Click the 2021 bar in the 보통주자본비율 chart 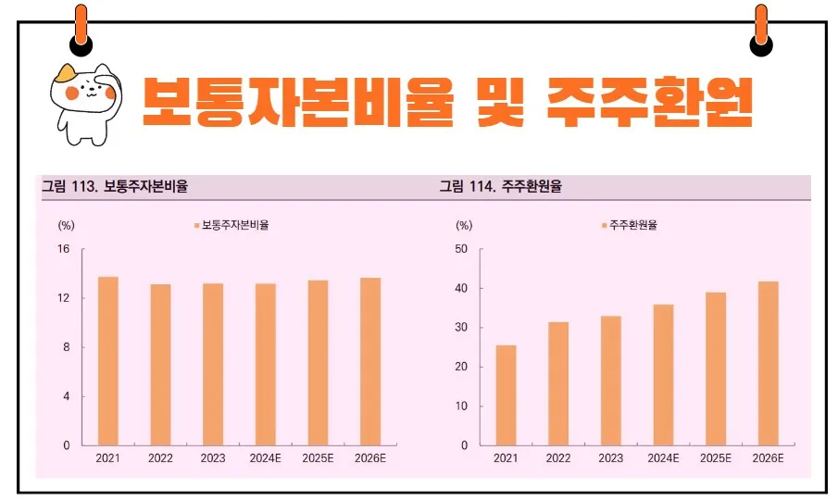(x=108, y=361)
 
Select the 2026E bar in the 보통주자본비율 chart (x=369, y=361)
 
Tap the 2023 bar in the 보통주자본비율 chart (x=213, y=364)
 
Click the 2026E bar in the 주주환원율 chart (x=769, y=363)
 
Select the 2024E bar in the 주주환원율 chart (x=663, y=375)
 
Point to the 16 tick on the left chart (x=64, y=249)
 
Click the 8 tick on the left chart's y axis (x=67, y=347)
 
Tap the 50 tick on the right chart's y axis (x=462, y=249)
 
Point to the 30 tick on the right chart (x=462, y=328)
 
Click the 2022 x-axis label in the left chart (x=161, y=458)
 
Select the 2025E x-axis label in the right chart (x=716, y=458)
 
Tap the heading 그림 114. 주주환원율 (x=501, y=186)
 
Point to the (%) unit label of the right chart (x=463, y=225)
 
